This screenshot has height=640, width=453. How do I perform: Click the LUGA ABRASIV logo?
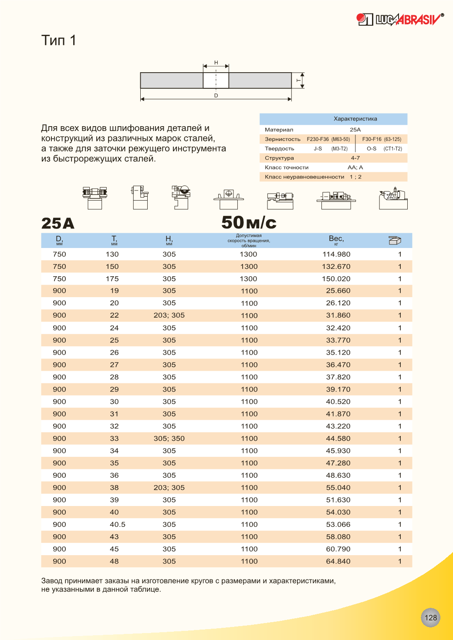pos(400,19)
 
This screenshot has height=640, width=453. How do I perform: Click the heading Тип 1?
pos(59,40)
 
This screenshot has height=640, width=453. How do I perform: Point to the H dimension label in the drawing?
pos(216,63)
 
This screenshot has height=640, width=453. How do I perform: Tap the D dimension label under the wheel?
pos(216,96)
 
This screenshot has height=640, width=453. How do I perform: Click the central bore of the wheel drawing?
pos(216,80)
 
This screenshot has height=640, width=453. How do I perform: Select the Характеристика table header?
pos(355,119)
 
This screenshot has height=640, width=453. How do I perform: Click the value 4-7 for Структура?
pos(355,158)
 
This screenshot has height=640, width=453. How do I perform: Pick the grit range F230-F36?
pos(318,139)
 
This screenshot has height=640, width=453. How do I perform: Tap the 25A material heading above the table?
pos(58,224)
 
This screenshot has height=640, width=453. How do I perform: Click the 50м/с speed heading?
pos(249,223)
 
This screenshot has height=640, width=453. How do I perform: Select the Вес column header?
pos(336,239)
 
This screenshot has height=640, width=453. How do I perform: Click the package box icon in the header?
pos(394,240)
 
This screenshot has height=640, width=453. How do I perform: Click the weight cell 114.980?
pos(336,254)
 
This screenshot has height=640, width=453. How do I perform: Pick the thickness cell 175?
pos(112,279)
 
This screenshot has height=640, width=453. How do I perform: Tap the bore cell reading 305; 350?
pos(169,439)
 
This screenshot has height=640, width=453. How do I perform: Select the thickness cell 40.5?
pos(118,525)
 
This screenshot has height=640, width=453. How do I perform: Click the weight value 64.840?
pos(338,561)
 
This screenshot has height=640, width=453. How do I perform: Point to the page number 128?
pos(430,617)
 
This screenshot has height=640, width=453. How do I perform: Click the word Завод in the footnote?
pos(52,581)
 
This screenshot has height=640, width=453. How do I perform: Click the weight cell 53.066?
pos(338,525)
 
